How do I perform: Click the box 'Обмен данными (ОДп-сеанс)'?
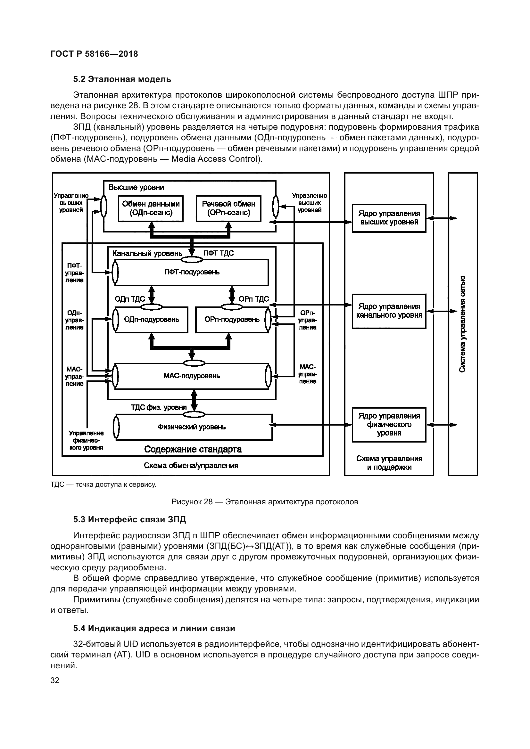coord(151,208)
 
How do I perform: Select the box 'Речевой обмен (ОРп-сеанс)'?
coord(228,208)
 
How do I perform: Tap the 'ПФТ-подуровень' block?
coord(192,272)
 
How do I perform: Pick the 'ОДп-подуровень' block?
coord(152,319)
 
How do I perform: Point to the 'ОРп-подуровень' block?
coord(232,319)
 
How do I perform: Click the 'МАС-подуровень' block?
coord(192,376)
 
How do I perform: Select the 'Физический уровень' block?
coord(192,427)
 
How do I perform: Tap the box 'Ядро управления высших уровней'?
coord(389,218)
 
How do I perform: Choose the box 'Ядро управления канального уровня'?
coord(389,311)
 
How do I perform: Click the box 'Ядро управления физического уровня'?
coord(389,424)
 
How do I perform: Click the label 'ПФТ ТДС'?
coord(219,253)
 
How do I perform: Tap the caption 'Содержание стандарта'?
coord(193,450)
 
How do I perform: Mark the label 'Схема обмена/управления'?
coord(191,466)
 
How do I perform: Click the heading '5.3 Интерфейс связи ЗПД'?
coord(129,519)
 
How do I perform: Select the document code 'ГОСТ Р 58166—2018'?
coord(94,54)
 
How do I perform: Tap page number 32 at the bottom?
coord(55,680)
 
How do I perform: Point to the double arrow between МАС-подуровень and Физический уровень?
coord(194,401)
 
